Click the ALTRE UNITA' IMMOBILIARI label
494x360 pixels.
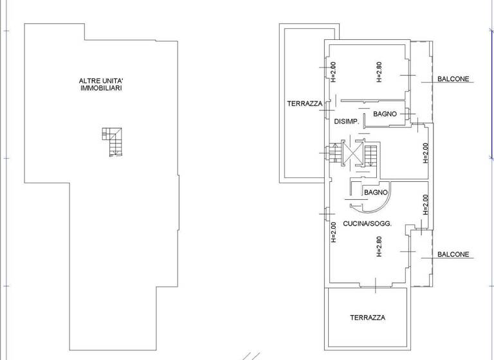pyautogui.click(x=101, y=84)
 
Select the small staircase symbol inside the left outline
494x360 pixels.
pyautogui.click(x=112, y=142)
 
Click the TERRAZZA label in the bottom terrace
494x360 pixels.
pyautogui.click(x=368, y=318)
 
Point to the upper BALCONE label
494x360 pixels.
pyautogui.click(x=453, y=80)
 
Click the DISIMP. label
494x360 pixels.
pyautogui.click(x=345, y=121)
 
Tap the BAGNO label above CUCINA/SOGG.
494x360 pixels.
pyautogui.click(x=375, y=192)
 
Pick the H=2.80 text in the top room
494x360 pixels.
pyautogui.click(x=379, y=72)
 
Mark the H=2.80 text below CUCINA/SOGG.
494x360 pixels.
pyautogui.click(x=379, y=247)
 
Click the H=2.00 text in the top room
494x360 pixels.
pyautogui.click(x=333, y=72)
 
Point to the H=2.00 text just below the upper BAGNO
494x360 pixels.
pyautogui.click(x=425, y=153)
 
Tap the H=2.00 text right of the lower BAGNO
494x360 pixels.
pyautogui.click(x=425, y=204)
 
